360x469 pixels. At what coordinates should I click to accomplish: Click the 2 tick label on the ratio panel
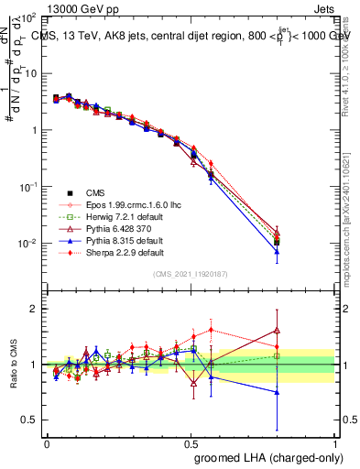34,309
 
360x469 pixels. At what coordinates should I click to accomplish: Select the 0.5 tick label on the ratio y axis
29,420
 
